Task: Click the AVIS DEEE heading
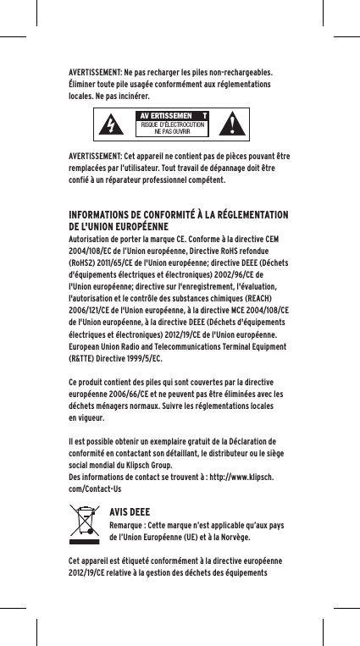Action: click(130, 511)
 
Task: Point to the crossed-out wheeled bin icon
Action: click(86, 524)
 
